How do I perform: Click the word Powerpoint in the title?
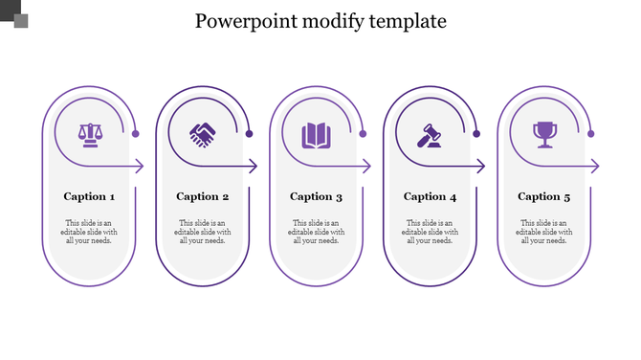tap(243, 21)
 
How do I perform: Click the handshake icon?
tap(203, 135)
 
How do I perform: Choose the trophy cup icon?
tap(544, 134)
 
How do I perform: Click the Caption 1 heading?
tap(89, 196)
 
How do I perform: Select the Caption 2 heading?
tap(203, 196)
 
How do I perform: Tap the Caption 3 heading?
tap(316, 196)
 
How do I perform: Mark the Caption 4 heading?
tap(430, 196)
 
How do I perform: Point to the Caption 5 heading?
tap(544, 196)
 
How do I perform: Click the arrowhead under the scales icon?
tap(139, 167)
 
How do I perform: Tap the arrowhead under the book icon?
tap(366, 167)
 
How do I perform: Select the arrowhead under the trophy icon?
tap(595, 167)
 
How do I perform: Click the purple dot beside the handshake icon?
tap(250, 134)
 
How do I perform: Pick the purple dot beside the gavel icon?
tap(476, 134)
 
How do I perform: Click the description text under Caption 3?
tap(316, 232)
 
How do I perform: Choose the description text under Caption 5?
tap(544, 232)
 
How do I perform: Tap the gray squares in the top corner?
tap(13, 13)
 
